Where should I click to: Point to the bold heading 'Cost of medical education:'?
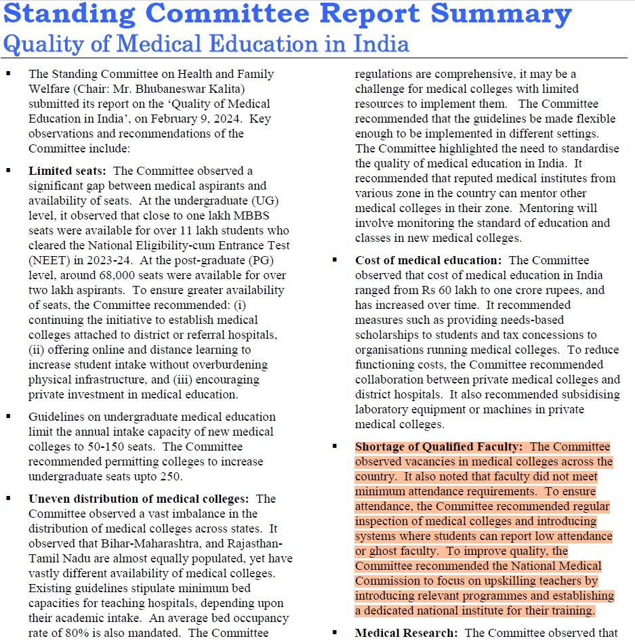point(428,260)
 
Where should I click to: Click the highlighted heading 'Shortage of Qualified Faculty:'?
point(438,447)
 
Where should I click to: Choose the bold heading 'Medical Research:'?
point(404,633)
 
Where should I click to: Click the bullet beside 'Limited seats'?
point(8,171)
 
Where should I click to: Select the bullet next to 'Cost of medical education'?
point(335,260)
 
